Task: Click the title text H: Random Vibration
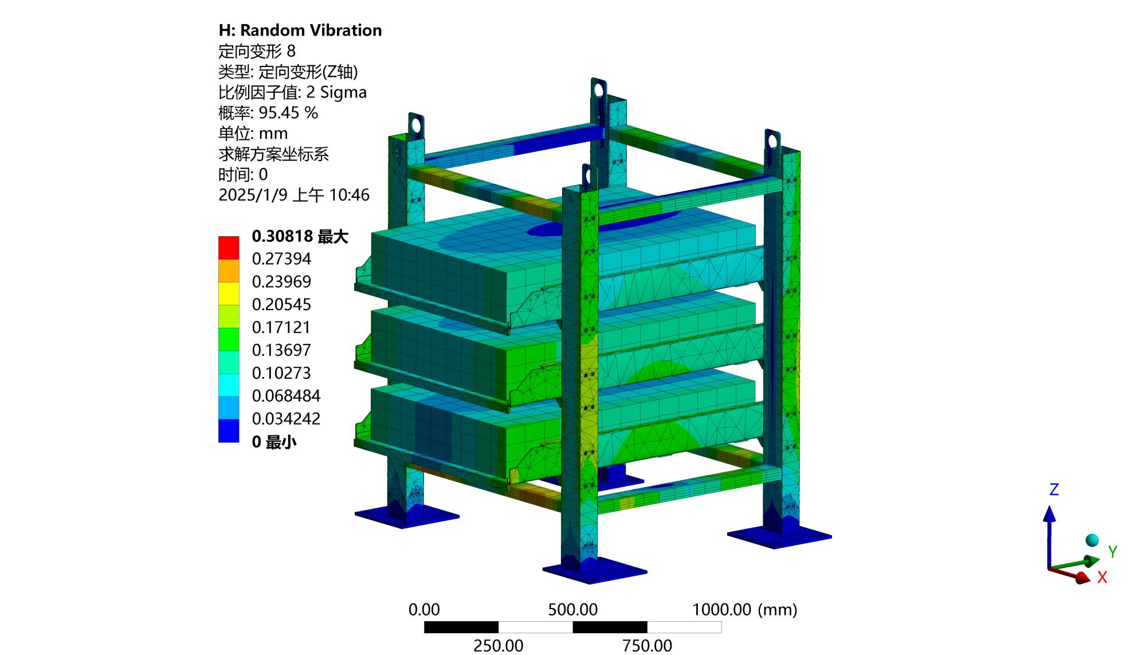coord(300,30)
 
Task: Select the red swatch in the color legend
coord(229,248)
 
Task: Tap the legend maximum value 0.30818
coord(282,236)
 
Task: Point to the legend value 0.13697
coord(281,350)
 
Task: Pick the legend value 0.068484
coord(286,396)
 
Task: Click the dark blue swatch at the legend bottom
coord(229,430)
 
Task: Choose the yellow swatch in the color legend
coord(229,293)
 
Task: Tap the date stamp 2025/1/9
coord(253,195)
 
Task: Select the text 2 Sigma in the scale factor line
coord(336,92)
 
